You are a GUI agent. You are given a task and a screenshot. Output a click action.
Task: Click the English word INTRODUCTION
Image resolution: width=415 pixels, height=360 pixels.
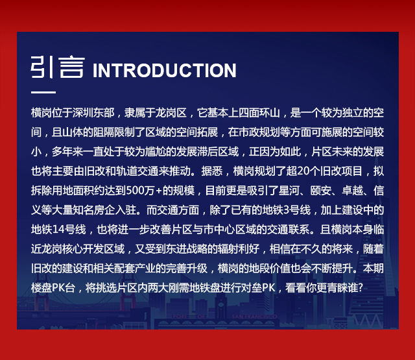click(164, 71)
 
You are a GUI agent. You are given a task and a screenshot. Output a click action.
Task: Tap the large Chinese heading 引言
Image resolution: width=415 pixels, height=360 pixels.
click(58, 67)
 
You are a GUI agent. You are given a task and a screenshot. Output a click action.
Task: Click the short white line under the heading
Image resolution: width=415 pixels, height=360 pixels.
click(43, 92)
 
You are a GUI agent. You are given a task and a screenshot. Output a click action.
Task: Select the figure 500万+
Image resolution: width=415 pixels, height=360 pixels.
click(144, 191)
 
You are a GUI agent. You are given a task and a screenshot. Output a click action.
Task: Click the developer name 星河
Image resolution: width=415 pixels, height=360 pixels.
click(289, 191)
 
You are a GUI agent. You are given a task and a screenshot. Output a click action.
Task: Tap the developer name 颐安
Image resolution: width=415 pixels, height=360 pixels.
click(320, 191)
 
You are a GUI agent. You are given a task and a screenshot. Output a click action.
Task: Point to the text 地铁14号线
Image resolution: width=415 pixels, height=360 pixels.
click(58, 230)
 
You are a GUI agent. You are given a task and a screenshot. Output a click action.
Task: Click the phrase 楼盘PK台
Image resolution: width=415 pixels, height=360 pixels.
click(53, 288)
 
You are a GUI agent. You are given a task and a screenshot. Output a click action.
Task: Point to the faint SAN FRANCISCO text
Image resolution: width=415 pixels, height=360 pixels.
click(254, 317)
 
